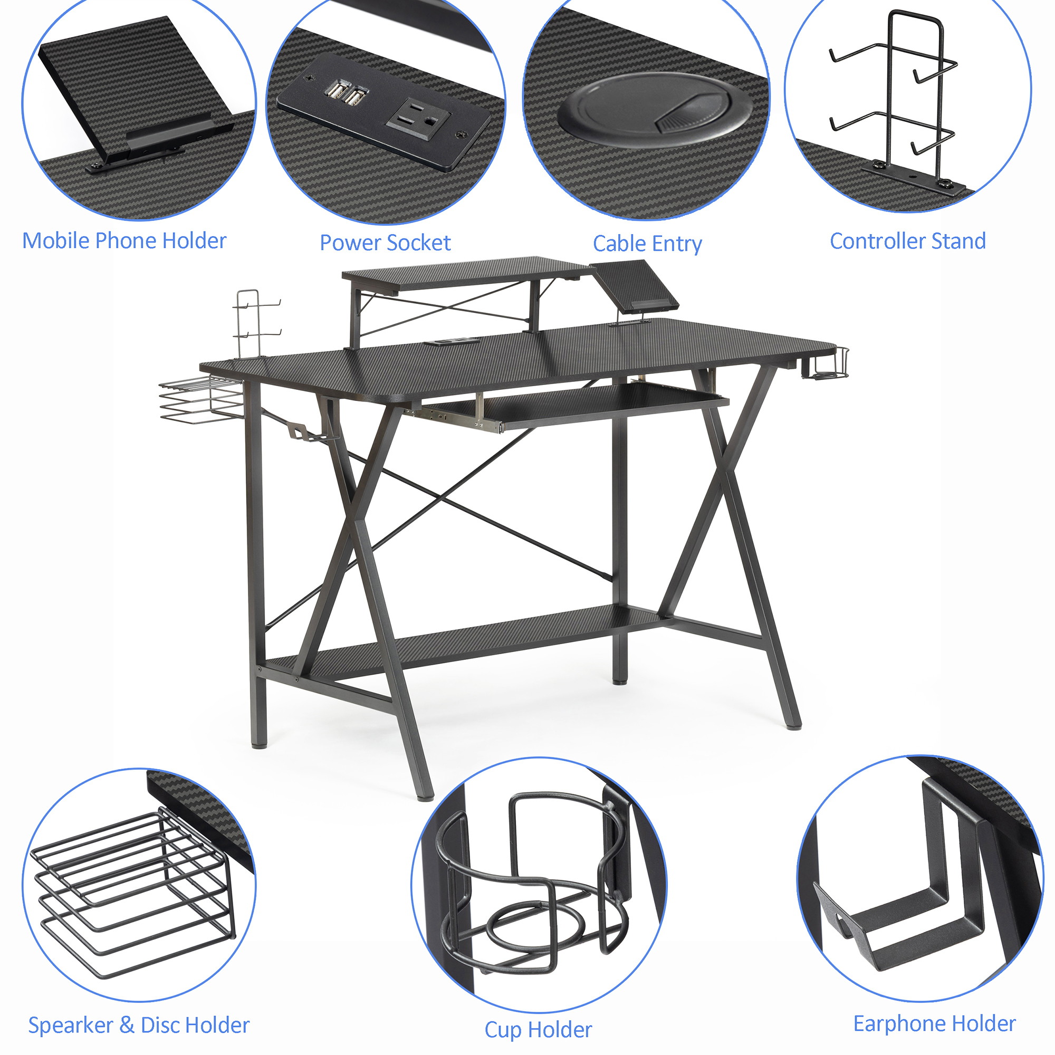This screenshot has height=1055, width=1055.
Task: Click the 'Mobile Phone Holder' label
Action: click(124, 241)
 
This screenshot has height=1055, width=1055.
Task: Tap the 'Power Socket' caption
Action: click(385, 243)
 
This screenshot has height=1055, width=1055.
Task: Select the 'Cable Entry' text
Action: click(647, 244)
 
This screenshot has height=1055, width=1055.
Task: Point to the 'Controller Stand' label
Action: click(907, 242)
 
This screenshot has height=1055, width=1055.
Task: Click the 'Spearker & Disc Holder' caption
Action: click(139, 1025)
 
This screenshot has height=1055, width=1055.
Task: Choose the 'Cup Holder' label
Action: click(538, 1030)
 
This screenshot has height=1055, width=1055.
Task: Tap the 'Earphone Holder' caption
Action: click(934, 1023)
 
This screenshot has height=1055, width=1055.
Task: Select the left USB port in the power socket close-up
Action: click(334, 91)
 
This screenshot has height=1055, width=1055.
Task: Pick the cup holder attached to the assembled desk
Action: click(826, 363)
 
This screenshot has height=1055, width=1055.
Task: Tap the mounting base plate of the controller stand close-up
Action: click(915, 177)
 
